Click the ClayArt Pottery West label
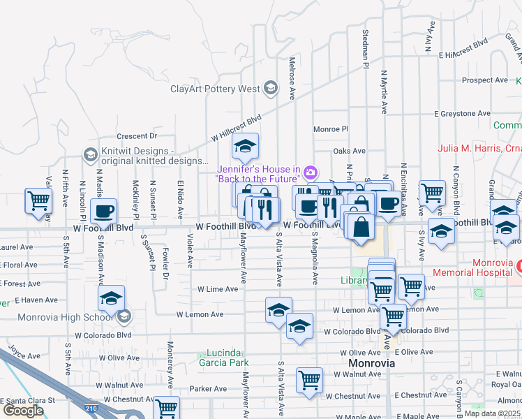click(x=215, y=89)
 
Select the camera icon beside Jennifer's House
click(x=311, y=172)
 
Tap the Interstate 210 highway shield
click(x=90, y=408)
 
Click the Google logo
click(x=23, y=411)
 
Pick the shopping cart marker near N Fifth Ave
click(x=38, y=200)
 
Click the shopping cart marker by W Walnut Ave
click(x=309, y=381)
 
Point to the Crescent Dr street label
click(x=137, y=135)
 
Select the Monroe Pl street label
click(x=330, y=129)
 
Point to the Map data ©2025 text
click(x=492, y=413)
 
